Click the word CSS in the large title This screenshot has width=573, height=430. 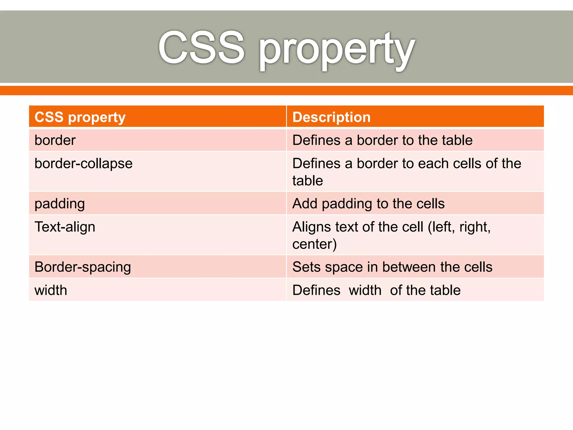coord(201,48)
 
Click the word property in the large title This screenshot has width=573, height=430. coord(336,50)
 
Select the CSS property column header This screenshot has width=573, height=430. coord(80,117)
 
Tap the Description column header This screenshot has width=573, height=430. coord(332,117)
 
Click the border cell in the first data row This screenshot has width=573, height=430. coord(55,140)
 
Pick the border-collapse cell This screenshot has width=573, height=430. coord(83,163)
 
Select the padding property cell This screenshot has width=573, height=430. coord(60,204)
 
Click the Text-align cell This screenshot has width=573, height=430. coord(65,227)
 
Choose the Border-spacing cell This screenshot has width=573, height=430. coord(83,267)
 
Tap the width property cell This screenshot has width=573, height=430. coord(51,290)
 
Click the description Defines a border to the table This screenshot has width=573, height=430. coord(382,140)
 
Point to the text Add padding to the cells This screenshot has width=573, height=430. coord(368,204)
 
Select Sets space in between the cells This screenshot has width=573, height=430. coord(392,267)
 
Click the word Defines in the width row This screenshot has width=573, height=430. coord(316,290)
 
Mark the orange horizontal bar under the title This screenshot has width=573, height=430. coord(286,90)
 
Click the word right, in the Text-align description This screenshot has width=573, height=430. coord(475,227)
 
